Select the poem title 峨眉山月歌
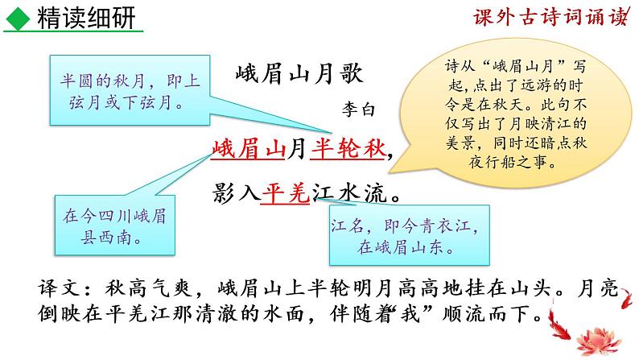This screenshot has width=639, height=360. (x=300, y=76)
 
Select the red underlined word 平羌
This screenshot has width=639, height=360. (x=285, y=196)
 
